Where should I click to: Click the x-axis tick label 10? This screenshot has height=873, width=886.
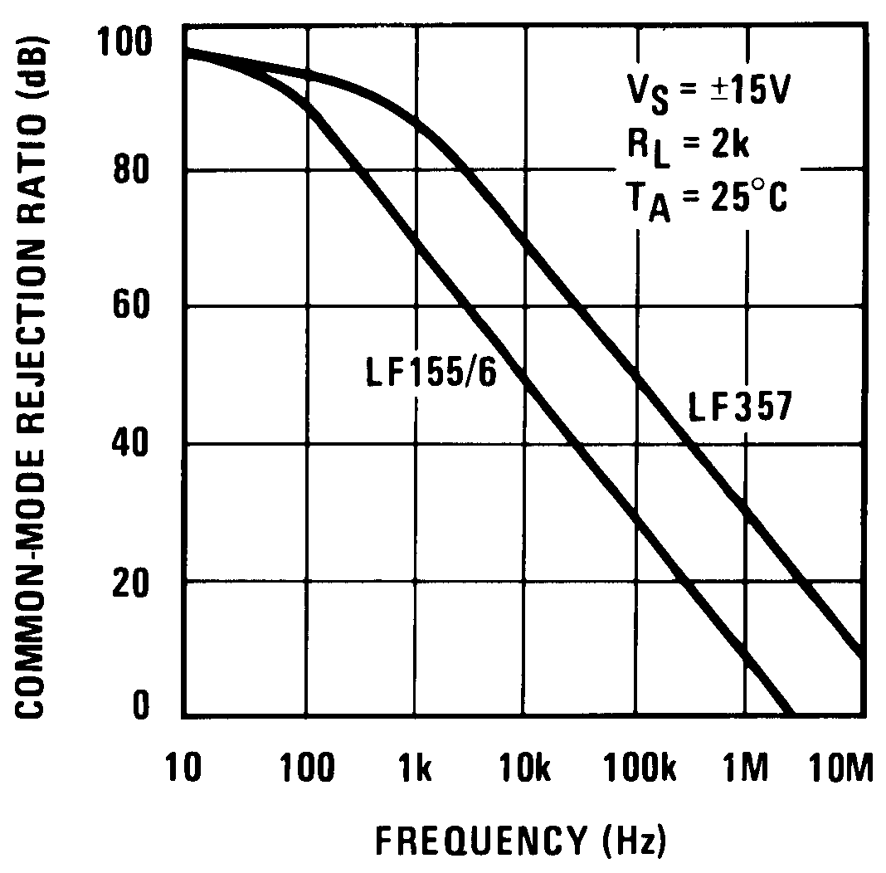point(183,769)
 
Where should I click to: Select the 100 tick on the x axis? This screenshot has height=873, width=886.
point(307,769)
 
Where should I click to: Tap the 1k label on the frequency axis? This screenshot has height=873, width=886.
point(413,769)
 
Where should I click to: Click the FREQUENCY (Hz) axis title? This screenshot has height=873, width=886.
point(521,840)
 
